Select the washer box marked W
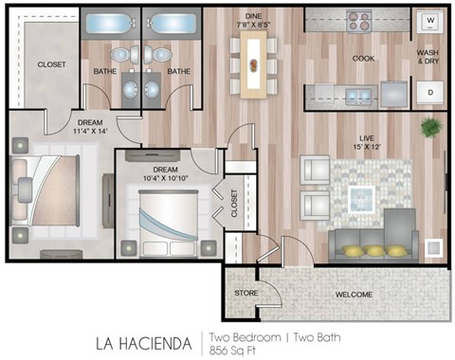click(x=429, y=20)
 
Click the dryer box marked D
click(x=429, y=92)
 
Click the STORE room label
click(x=246, y=293)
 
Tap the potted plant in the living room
click(x=430, y=126)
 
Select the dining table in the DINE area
click(x=253, y=65)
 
